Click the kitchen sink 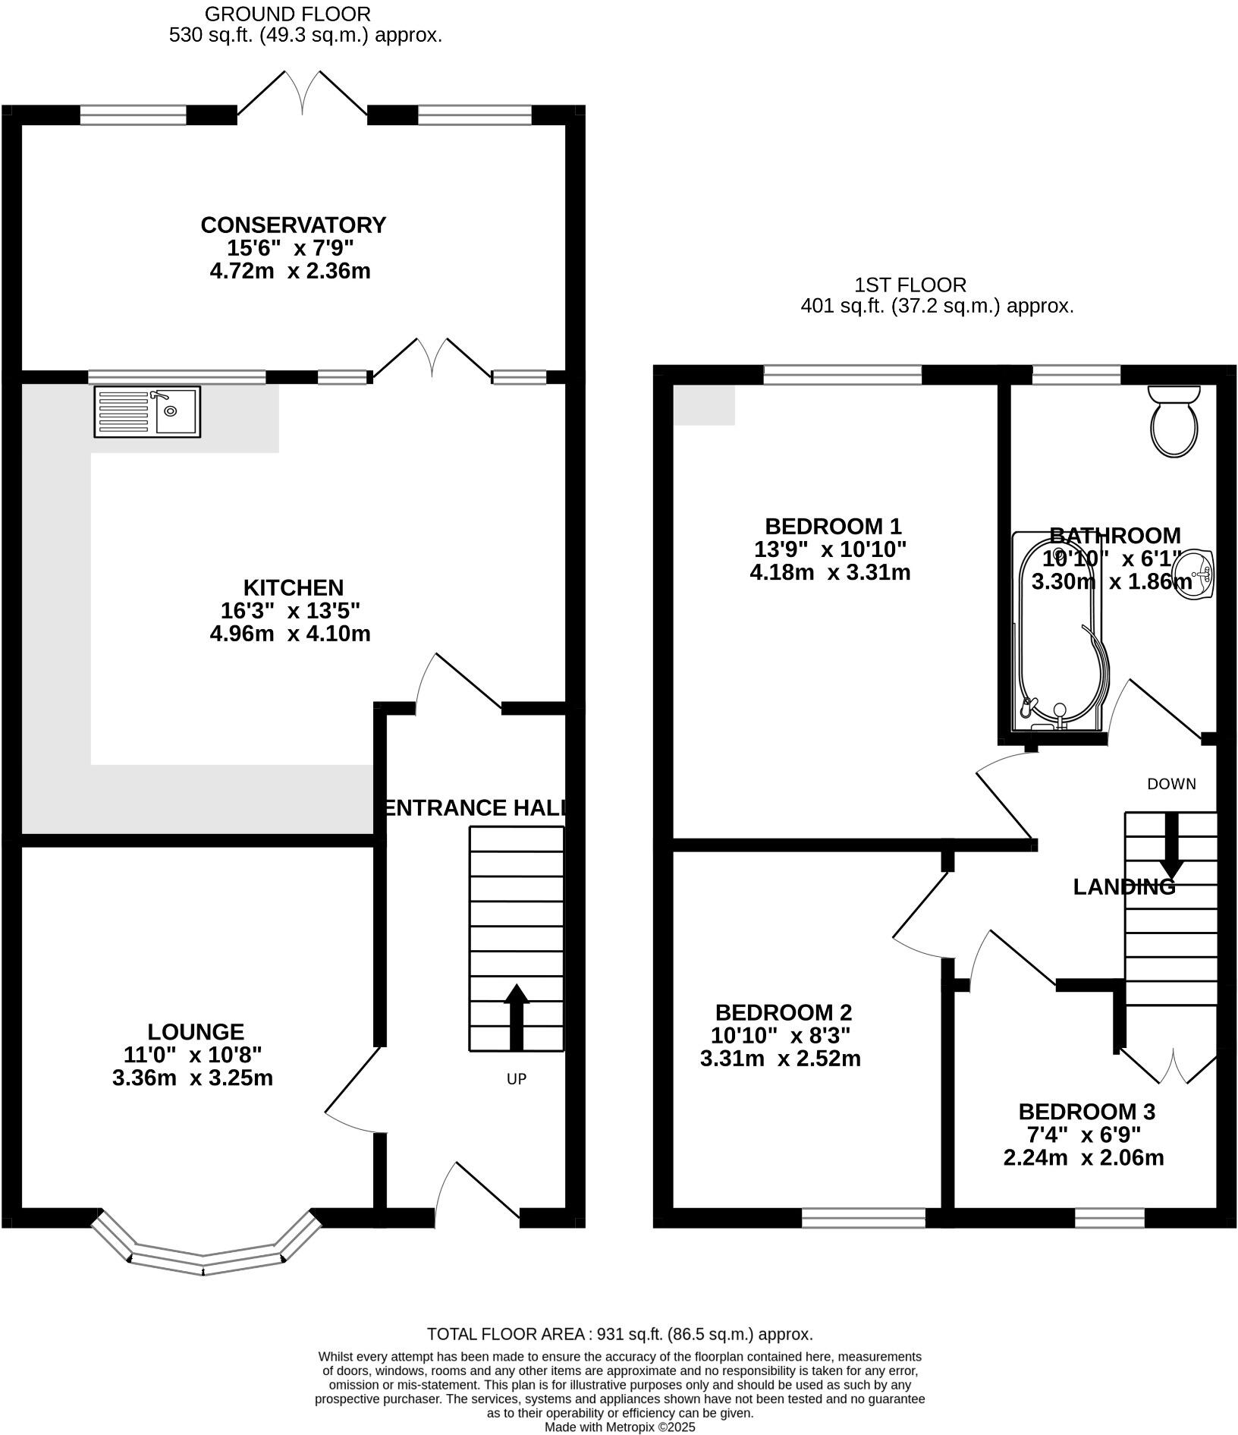pyautogui.click(x=147, y=412)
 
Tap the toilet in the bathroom pyautogui.click(x=1174, y=420)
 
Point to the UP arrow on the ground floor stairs pyautogui.click(x=517, y=1017)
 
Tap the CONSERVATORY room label pyautogui.click(x=294, y=225)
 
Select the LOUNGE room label pyautogui.click(x=196, y=1032)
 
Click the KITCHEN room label pyautogui.click(x=294, y=588)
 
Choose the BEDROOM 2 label pyautogui.click(x=784, y=1013)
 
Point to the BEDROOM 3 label pyautogui.click(x=1086, y=1112)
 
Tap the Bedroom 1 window pyautogui.click(x=843, y=375)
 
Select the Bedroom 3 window pyautogui.click(x=1110, y=1218)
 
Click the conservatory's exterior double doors pyautogui.click(x=303, y=93)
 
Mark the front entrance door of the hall pyautogui.click(x=476, y=1194)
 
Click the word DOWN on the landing pyautogui.click(x=1171, y=785)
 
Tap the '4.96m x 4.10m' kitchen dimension pyautogui.click(x=291, y=634)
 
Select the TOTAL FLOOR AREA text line pyautogui.click(x=620, y=1334)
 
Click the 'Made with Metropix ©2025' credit pyautogui.click(x=620, y=1427)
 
